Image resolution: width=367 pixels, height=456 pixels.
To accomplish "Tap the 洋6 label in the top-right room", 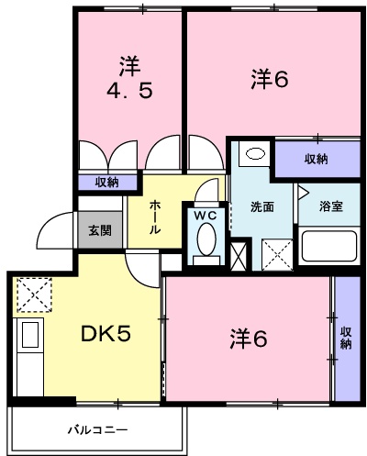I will coord(270,80).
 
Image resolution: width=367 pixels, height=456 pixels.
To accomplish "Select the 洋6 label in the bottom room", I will coord(247,339).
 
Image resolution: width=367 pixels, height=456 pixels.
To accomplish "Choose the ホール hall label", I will coord(155,217).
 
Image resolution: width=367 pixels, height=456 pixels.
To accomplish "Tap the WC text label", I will coord(206,216).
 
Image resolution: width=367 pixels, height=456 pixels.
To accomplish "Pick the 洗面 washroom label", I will coord(261,206).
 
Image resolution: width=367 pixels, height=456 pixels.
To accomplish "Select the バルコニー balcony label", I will coord(95,429).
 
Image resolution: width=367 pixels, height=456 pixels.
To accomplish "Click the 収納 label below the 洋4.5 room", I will coord(105,182).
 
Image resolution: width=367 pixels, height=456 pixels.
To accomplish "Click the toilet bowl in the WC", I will coord(206,241).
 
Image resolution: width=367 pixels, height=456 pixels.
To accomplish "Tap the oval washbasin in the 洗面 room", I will coord(256,152).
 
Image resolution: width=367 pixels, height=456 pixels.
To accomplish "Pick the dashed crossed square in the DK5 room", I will coord(36,295).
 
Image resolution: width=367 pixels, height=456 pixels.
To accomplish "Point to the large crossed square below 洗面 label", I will coord(275,251).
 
